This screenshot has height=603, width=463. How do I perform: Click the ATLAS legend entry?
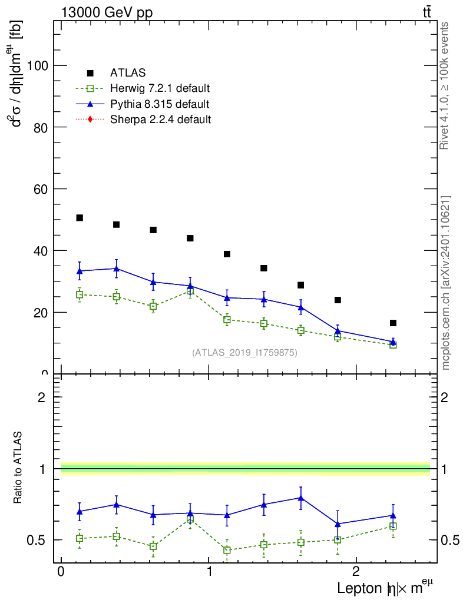click(x=127, y=73)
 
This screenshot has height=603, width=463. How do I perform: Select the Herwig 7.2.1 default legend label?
click(x=160, y=89)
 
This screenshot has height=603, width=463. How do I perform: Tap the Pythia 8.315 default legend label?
click(x=160, y=104)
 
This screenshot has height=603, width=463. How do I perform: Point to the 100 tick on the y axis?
click(x=38, y=66)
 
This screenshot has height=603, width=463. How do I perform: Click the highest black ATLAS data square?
click(x=80, y=218)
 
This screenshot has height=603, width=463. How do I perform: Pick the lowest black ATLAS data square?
click(x=393, y=323)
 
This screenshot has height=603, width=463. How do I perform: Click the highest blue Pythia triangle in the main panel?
click(x=116, y=269)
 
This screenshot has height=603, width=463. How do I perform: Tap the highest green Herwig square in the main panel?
click(x=190, y=291)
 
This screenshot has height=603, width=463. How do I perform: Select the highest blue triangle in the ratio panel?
click(x=300, y=498)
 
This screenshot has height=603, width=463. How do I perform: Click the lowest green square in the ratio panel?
click(x=227, y=550)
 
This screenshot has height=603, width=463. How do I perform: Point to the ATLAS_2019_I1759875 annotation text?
click(x=244, y=353)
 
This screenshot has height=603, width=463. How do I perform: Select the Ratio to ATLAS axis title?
click(x=18, y=467)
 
